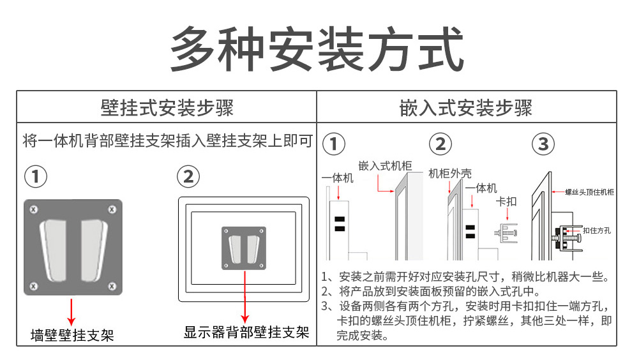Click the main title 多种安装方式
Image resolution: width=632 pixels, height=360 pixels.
point(317,49)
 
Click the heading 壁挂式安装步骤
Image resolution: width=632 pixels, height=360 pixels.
point(167,107)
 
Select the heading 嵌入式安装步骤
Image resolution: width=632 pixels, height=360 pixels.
point(466,107)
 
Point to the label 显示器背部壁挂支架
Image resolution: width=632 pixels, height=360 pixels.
point(246,332)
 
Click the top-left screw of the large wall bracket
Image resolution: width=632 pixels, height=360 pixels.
point(34,209)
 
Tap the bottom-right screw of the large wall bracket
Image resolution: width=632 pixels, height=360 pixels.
point(112,285)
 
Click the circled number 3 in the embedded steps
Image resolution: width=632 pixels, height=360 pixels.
point(543,144)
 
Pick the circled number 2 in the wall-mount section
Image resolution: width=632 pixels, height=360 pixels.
point(188,177)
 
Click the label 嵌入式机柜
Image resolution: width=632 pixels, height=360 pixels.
point(385,166)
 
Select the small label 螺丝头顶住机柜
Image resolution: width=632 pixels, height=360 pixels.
point(589,191)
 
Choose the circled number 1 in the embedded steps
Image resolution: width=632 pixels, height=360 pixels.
point(333,144)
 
